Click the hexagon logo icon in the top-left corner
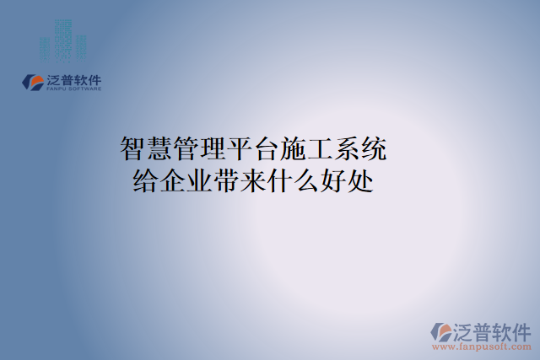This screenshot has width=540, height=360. pyautogui.click(x=33, y=82)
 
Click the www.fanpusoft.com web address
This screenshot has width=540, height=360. pyautogui.click(x=482, y=347)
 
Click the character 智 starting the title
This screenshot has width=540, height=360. pyautogui.click(x=134, y=151)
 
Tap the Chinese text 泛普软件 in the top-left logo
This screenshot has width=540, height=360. pyautogui.click(x=73, y=79)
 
